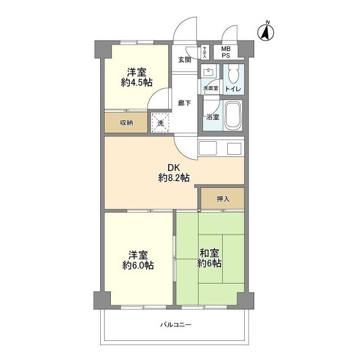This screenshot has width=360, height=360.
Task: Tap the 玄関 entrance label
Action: (x=185, y=60)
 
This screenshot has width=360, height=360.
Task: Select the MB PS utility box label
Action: (x=225, y=52)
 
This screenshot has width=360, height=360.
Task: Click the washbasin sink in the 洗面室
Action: (x=209, y=73)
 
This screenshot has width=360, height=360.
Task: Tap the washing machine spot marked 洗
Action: (x=160, y=122)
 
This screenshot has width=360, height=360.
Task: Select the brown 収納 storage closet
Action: (x=126, y=123)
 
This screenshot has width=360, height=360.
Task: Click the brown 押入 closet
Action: (x=223, y=199)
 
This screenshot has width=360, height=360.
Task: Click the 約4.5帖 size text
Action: (x=137, y=82)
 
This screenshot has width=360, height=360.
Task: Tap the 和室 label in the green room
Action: (x=209, y=253)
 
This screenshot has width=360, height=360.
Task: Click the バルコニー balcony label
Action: (x=175, y=325)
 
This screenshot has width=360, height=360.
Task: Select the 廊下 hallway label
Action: (x=184, y=102)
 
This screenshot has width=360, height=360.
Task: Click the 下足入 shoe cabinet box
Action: (x=205, y=52)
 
